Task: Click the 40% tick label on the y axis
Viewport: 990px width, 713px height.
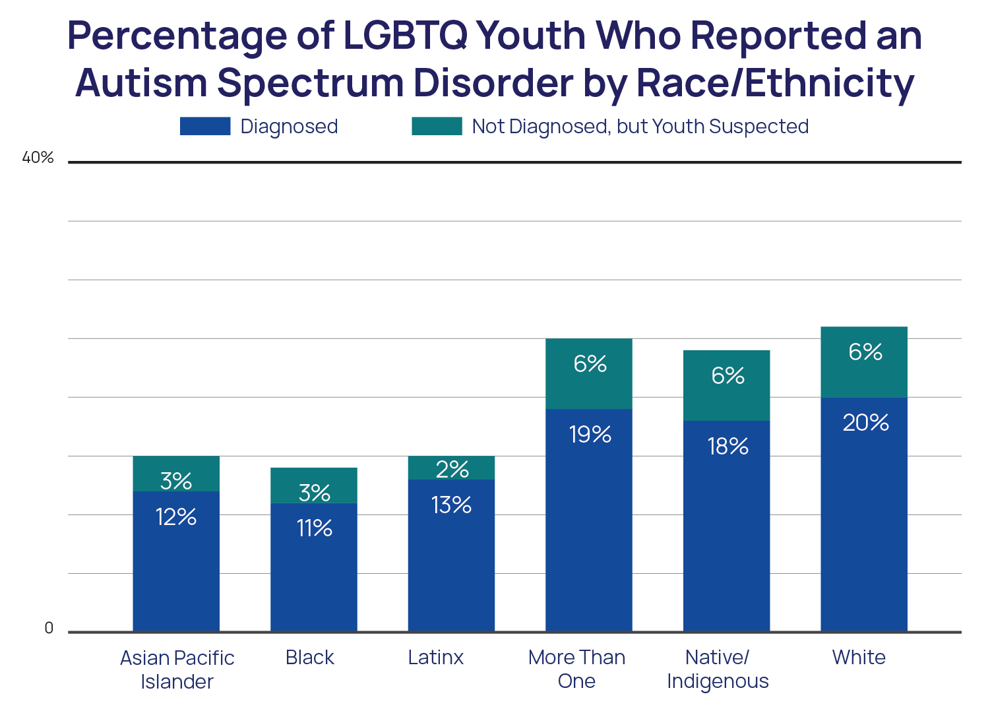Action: point(38,158)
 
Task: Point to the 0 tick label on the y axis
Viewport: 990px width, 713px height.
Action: point(49,629)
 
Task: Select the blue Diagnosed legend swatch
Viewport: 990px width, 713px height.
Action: point(205,126)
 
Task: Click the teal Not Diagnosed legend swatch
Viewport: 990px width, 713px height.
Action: point(437,126)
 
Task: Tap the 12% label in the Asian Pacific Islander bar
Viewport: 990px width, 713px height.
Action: point(176,517)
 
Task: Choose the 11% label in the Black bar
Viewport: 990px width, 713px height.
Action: point(314,528)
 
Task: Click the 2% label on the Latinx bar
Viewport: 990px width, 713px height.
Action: point(452,470)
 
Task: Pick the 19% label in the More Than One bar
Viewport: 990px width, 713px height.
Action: point(590,435)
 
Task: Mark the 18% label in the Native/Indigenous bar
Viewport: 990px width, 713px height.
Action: point(727,447)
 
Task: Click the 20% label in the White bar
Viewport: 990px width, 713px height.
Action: point(865,423)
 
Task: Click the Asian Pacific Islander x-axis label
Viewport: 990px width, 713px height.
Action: point(177,669)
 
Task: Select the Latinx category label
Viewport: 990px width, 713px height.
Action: point(435,658)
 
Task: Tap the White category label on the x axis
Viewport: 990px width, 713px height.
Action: point(859,658)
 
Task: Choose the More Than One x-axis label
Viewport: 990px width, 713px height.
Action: point(576,669)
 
